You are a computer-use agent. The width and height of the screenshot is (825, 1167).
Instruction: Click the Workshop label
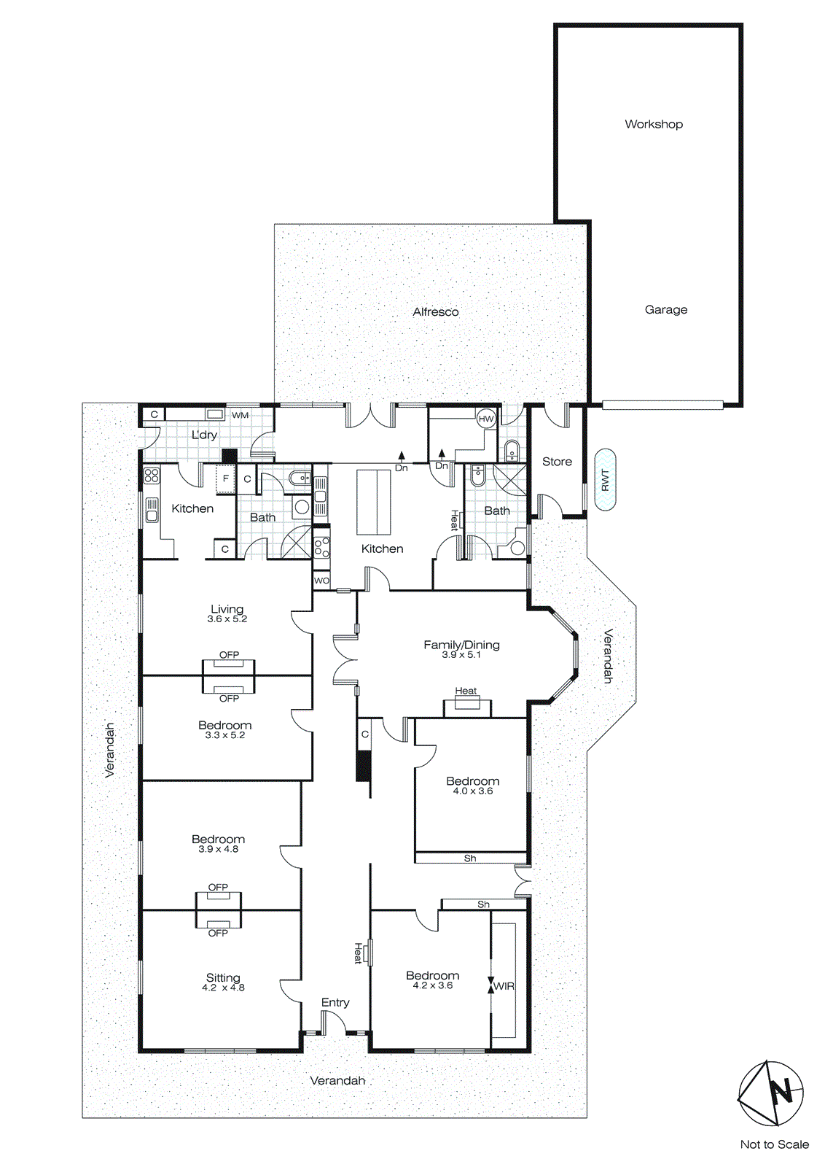pos(654,124)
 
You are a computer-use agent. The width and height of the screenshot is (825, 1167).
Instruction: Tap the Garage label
pos(665,309)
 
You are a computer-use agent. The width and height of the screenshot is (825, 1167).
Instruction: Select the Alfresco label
pos(435,311)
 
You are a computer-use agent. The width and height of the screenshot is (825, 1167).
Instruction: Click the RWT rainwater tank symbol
pos(605,479)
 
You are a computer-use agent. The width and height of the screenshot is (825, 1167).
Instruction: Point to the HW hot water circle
pos(486,419)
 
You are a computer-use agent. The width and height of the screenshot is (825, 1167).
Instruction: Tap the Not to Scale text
pos(774,1144)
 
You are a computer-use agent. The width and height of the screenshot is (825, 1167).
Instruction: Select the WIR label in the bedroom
pos(504,986)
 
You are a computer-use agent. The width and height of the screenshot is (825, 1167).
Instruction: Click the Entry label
pos(335,1002)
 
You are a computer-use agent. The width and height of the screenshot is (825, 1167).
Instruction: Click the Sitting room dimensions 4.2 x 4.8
pos(223,988)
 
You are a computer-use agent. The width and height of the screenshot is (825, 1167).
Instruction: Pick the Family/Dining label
pos(461,645)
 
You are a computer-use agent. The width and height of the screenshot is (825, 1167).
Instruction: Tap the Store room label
pos(557,462)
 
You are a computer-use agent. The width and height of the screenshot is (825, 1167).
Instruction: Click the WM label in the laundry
pos(241,415)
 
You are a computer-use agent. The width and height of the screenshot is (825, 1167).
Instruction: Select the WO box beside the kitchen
pos(321,581)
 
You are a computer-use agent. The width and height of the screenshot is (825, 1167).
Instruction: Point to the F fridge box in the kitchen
pos(225,478)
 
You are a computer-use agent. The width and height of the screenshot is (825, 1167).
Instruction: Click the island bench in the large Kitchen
pos(374,502)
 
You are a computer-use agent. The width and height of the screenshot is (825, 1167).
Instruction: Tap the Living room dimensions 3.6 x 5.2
pos(227,619)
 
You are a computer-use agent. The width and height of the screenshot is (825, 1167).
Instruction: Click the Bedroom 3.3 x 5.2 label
pos(224,725)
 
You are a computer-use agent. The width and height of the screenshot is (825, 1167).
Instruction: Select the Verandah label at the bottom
pos(337,1080)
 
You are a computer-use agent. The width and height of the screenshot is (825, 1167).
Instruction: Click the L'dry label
pos(204,435)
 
